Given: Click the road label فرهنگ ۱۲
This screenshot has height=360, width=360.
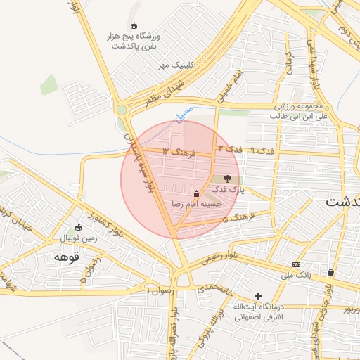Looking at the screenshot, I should pos(176,151).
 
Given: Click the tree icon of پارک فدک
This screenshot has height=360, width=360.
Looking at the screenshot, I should pos(227,179).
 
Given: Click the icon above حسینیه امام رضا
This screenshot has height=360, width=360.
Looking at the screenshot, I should pos(195,193).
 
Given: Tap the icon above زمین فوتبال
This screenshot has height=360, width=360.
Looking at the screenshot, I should pos(78,227).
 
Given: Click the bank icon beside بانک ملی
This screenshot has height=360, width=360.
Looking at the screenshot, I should pos(296,264).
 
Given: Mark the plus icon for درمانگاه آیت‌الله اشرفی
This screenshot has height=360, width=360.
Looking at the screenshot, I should pos(259,296).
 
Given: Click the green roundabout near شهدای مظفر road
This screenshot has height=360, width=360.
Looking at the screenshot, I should pos(122,109).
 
